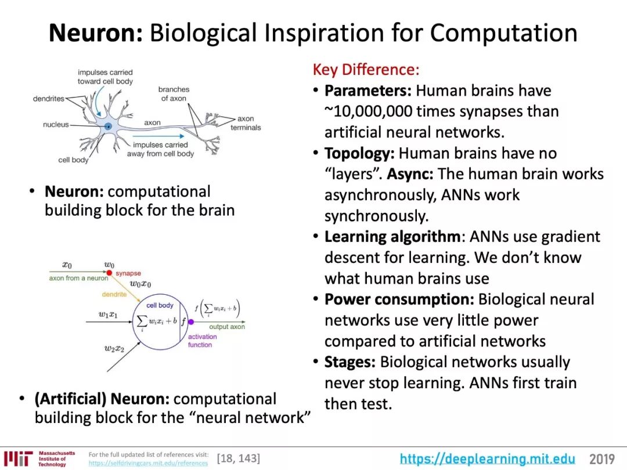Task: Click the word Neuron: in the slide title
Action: pos(95,33)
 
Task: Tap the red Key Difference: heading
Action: pos(366,70)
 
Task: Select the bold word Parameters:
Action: pos(368,91)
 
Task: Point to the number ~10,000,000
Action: pos(379,111)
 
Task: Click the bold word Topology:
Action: pos(359,154)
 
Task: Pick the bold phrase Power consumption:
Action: pos(399,300)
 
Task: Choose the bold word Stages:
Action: pos(350,363)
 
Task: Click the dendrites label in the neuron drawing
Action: pos(49,99)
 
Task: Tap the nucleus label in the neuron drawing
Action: pos(56,125)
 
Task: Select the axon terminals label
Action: pos(246,123)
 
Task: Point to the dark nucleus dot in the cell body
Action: pos(108,126)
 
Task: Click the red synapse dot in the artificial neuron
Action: pos(109,273)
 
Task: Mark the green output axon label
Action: pos(227,327)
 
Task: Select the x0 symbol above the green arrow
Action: pos(67,265)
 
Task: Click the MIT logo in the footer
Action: pos(17,458)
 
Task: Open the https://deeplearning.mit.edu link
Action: pos(487,459)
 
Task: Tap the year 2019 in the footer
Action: pos(602,460)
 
